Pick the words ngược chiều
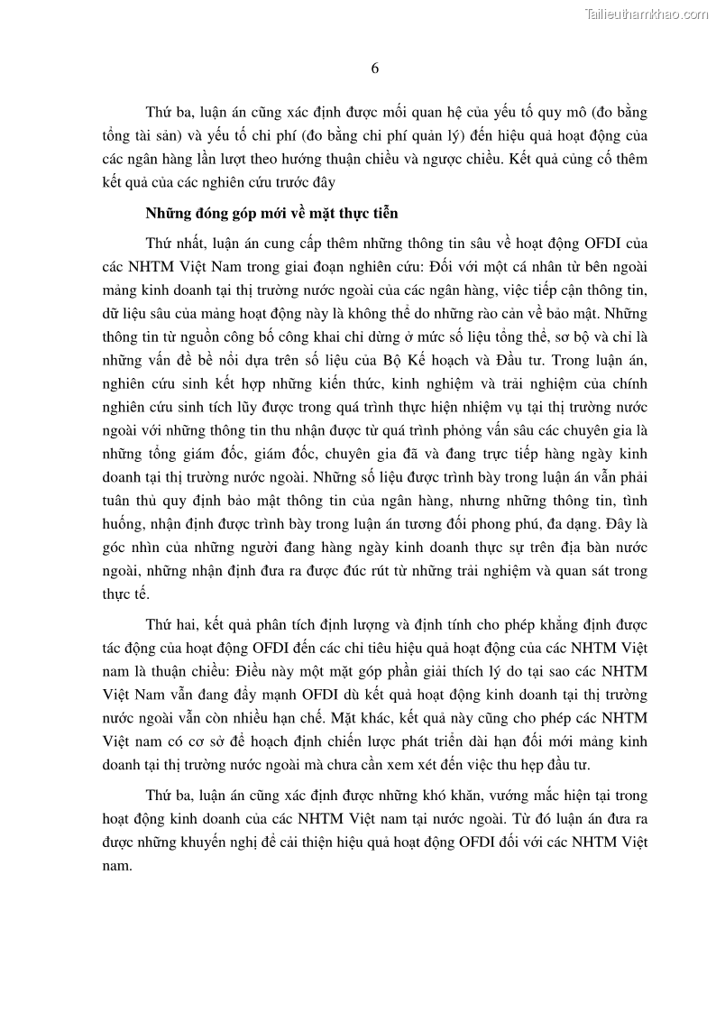tap(454, 159)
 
